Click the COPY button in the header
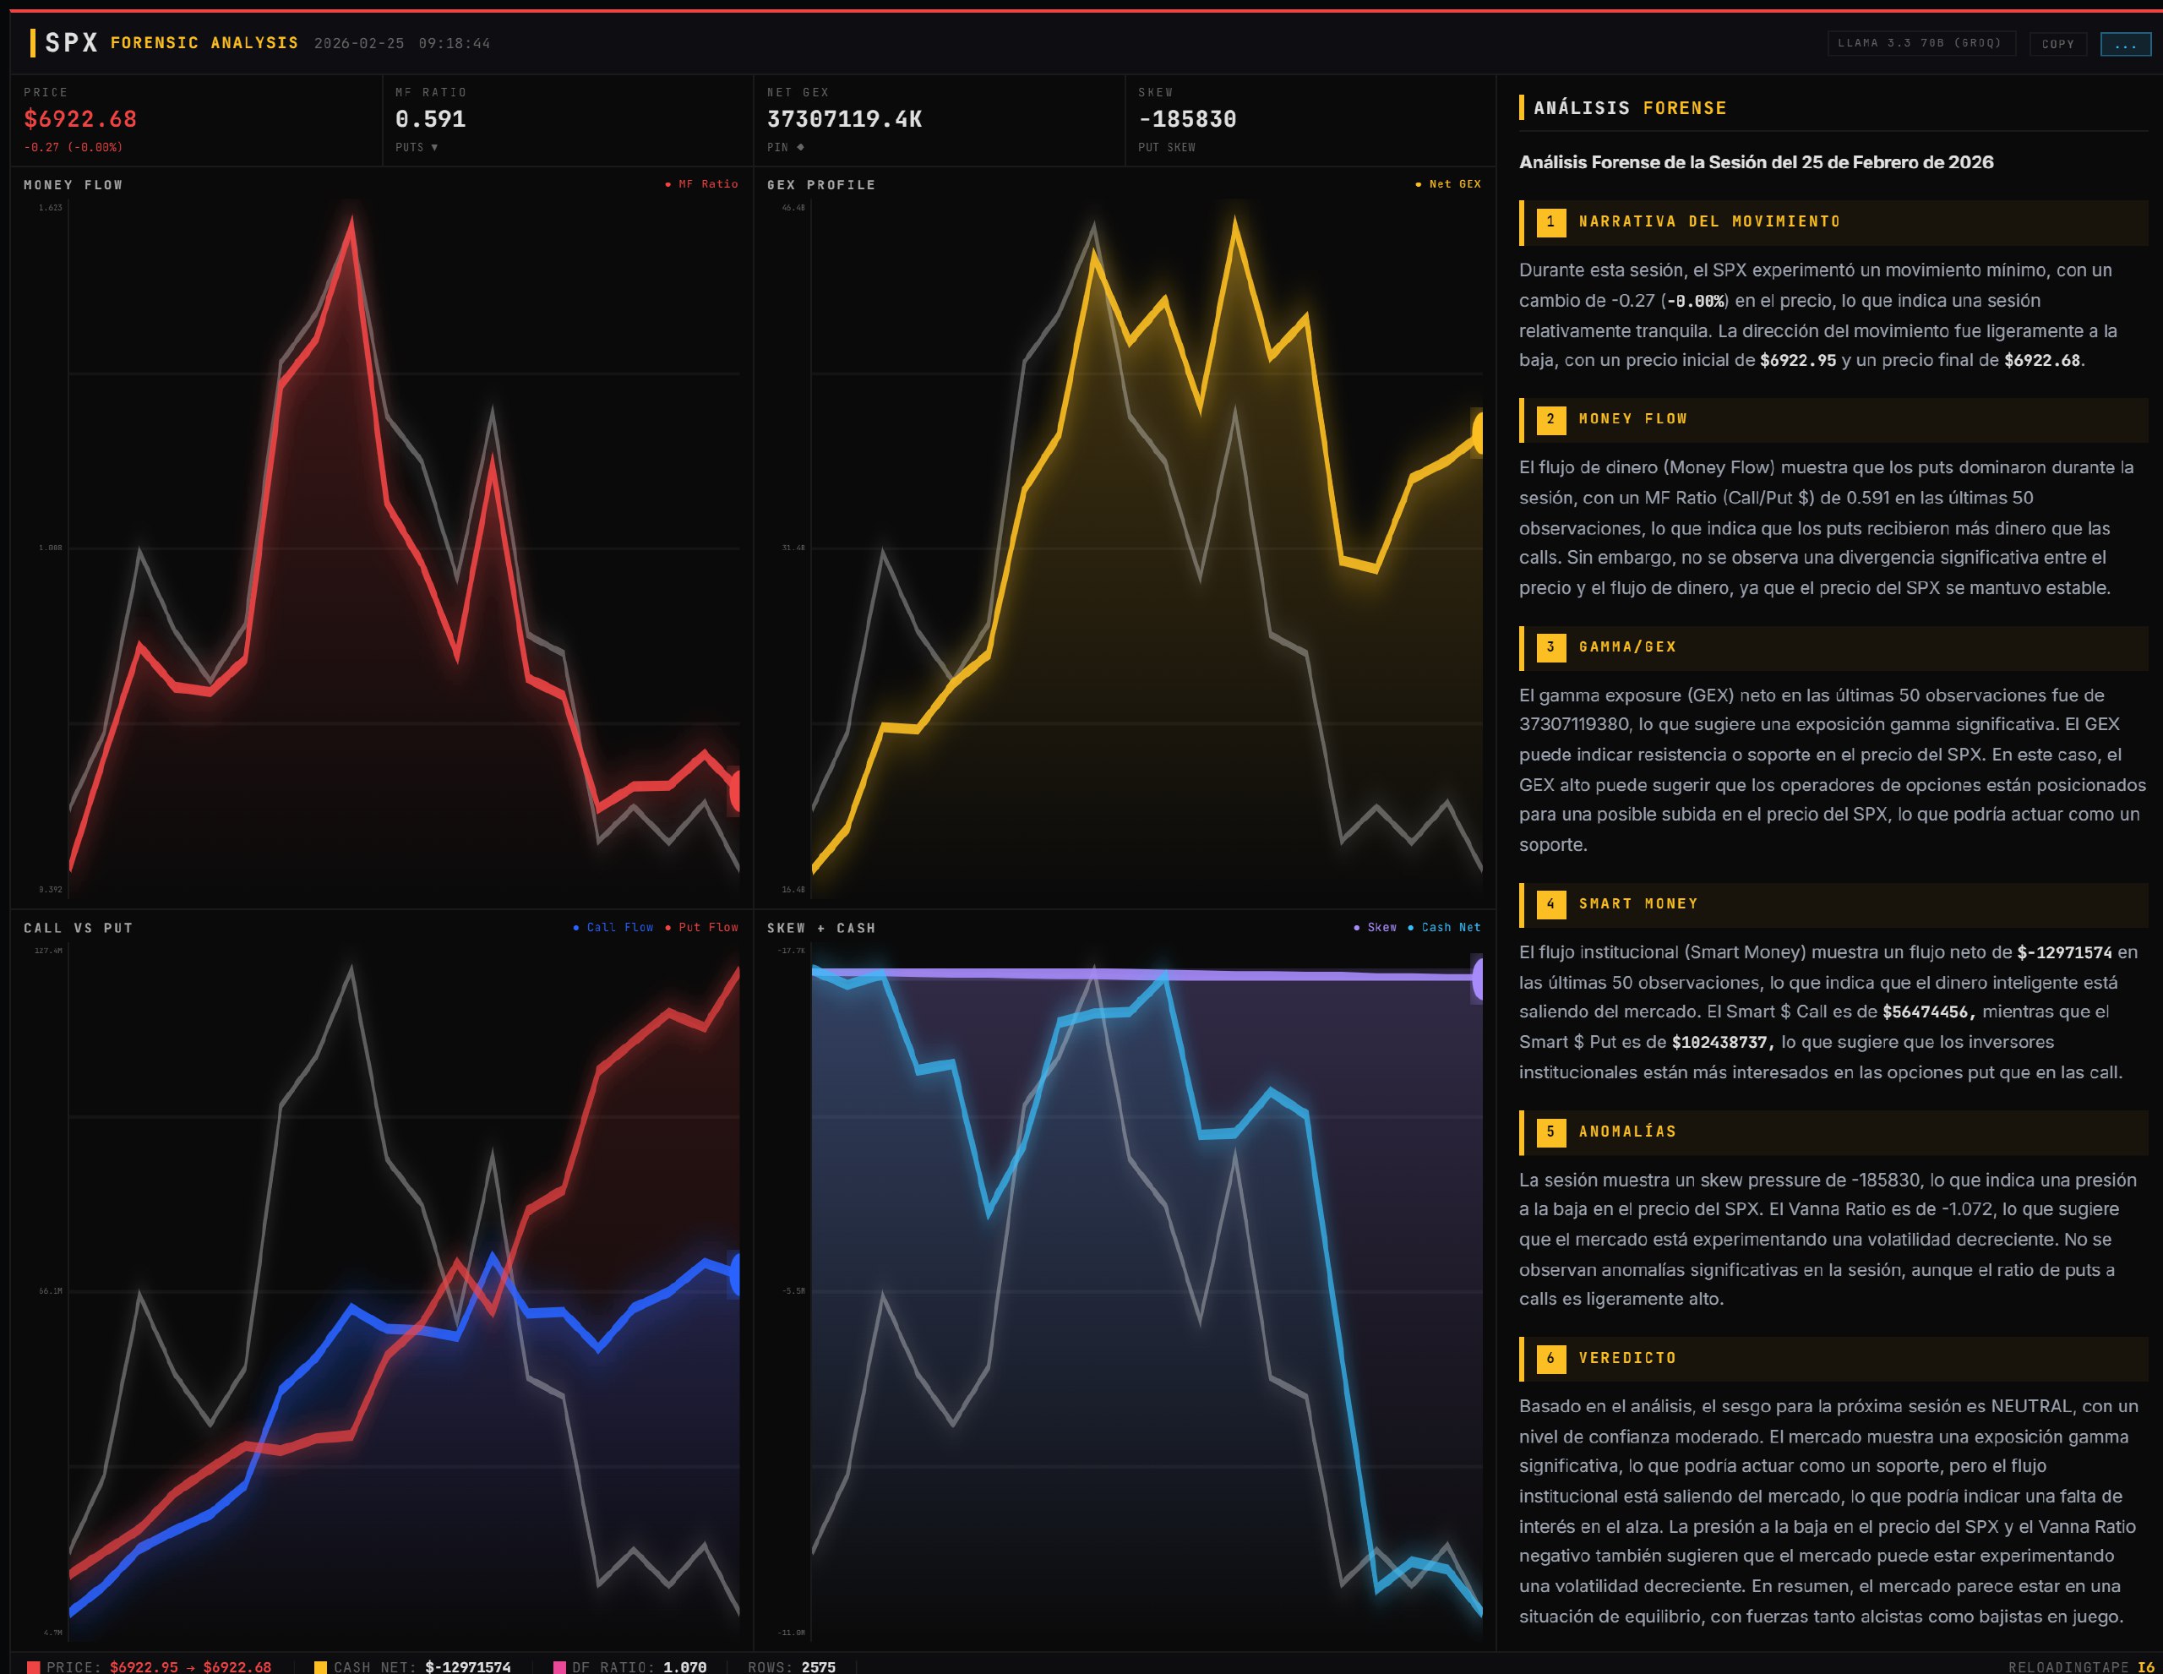(2057, 44)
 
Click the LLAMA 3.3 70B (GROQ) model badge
(1920, 44)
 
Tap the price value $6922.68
(80, 119)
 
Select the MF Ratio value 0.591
(430, 119)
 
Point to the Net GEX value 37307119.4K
(844, 119)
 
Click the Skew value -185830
(1186, 119)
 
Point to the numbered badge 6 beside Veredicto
(1550, 1358)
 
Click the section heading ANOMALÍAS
(1626, 1131)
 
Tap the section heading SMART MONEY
(1637, 903)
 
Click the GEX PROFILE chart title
(821, 185)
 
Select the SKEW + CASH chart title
(821, 928)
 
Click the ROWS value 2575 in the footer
(818, 1667)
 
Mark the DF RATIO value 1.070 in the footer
(684, 1667)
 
